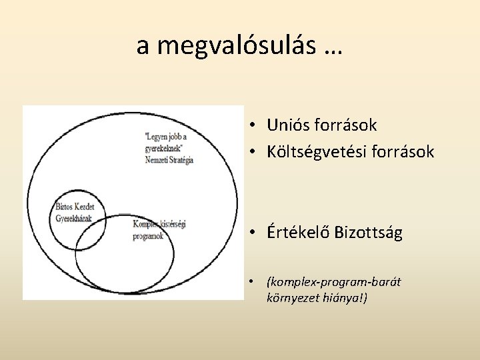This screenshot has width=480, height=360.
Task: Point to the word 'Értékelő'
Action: (x=301, y=233)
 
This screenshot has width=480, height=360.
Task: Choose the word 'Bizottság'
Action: (x=371, y=233)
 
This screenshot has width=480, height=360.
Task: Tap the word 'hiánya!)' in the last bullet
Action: (x=344, y=297)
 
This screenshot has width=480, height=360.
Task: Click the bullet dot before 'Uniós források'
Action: (x=255, y=125)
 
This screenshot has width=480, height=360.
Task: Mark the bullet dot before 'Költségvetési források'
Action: (x=255, y=153)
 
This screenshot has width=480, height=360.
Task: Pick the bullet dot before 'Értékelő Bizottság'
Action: (x=255, y=234)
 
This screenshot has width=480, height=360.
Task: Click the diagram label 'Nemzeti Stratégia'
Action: (x=169, y=160)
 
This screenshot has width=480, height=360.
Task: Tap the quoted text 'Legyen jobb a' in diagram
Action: (x=167, y=137)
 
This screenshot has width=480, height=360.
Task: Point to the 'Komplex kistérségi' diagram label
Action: (x=159, y=225)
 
